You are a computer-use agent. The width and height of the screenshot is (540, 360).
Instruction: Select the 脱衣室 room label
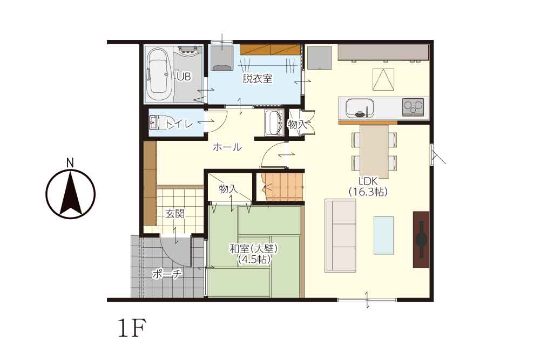258,79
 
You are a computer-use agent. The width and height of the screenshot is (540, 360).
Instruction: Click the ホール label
227,147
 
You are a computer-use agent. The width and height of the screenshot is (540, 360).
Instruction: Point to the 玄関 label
175,214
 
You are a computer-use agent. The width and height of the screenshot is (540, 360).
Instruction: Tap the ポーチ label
167,274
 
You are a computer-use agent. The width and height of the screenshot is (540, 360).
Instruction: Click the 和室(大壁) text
254,248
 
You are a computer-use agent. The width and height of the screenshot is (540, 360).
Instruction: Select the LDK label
368,181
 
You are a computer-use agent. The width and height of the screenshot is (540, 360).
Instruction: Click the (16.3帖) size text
368,192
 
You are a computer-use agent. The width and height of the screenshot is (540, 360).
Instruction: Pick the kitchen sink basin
360,107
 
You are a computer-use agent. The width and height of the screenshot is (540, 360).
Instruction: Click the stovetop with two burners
413,106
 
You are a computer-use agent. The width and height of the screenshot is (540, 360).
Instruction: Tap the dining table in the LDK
374,152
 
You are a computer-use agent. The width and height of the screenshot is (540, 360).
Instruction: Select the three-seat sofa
341,236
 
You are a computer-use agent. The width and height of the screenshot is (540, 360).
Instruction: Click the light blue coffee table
383,235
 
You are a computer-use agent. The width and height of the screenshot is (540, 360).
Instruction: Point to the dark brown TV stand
421,240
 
